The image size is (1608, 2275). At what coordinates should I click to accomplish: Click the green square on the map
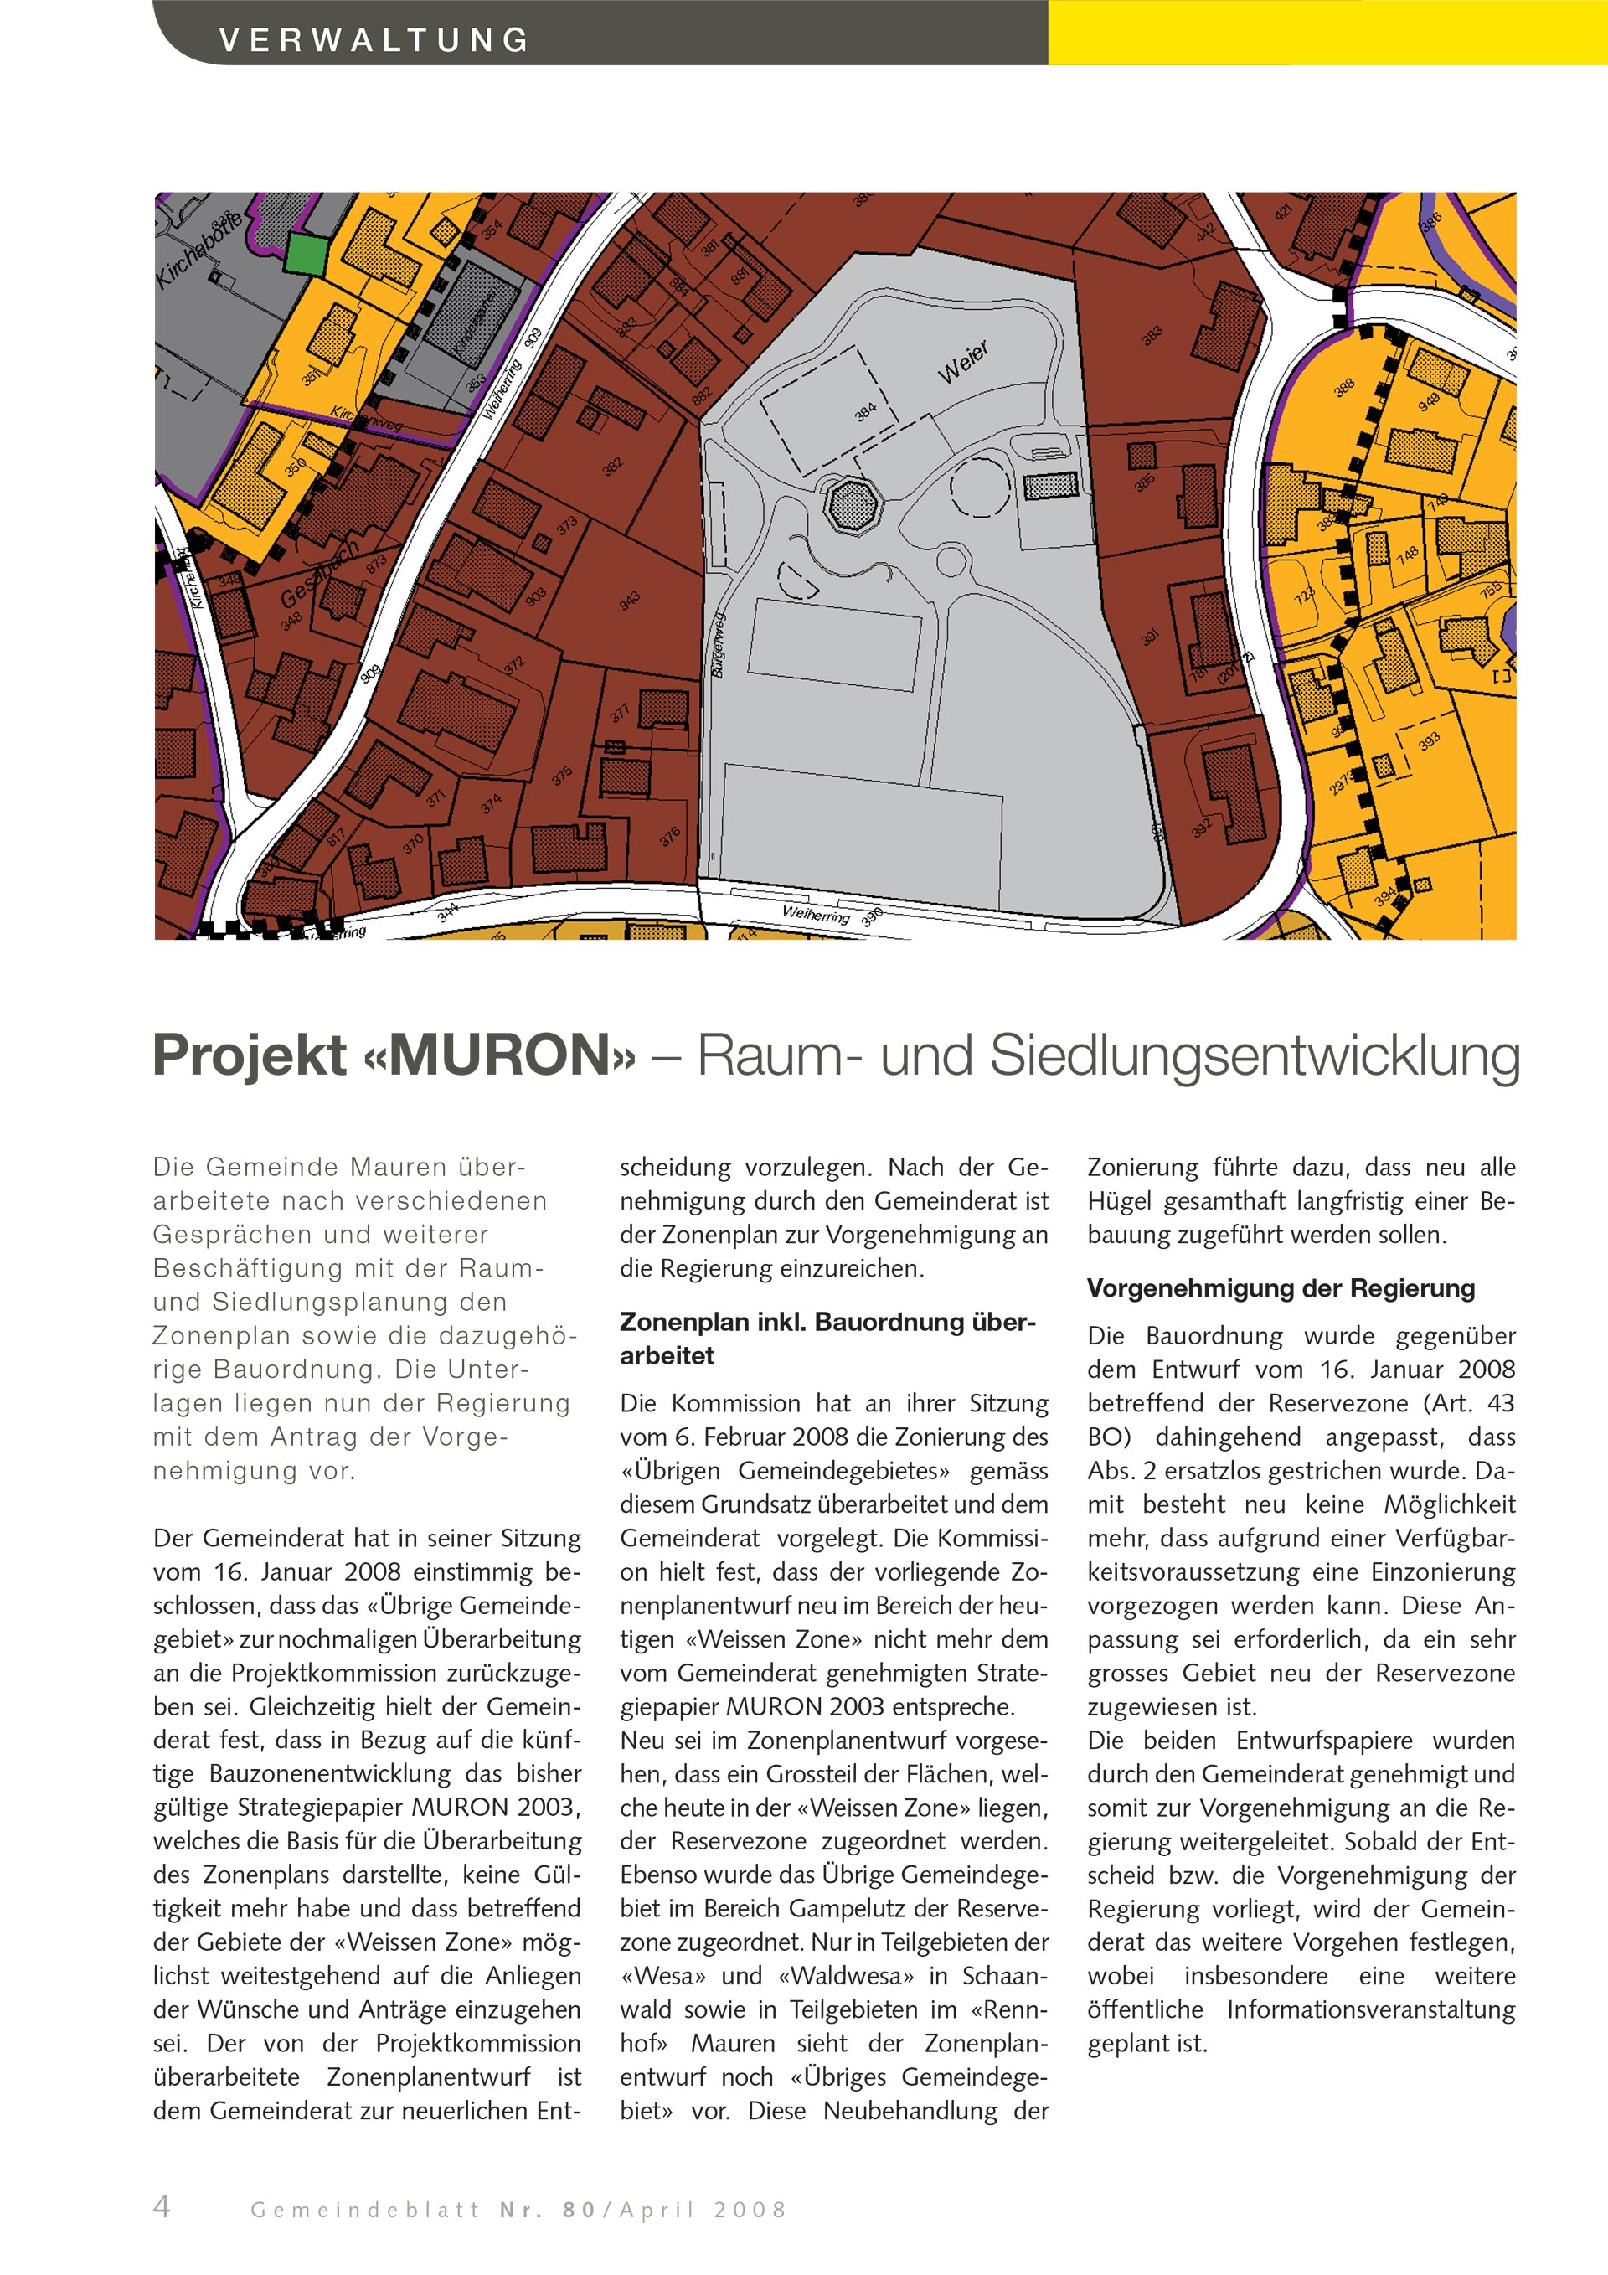tap(305, 254)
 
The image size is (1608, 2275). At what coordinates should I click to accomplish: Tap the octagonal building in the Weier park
tap(851, 506)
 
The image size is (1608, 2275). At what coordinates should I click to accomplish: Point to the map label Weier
tap(963, 364)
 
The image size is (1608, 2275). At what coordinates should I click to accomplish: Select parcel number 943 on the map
tap(629, 601)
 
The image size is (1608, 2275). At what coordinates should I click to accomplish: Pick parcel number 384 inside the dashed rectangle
tap(865, 411)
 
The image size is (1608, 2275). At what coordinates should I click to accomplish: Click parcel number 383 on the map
tap(1152, 336)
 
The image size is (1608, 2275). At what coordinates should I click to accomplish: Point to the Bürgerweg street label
tap(719, 645)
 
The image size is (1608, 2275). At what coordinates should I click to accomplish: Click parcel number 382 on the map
tap(613, 466)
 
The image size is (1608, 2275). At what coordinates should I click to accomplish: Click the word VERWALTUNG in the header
tap(374, 40)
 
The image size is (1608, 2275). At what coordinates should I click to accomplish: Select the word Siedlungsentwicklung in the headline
tap(1255, 1055)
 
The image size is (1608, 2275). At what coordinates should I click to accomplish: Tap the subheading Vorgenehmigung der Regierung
tap(1280, 1288)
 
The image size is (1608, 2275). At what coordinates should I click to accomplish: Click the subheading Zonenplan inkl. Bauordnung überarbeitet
tap(827, 1338)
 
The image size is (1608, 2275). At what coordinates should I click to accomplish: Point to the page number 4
tap(162, 2206)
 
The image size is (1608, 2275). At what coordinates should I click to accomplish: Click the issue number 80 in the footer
tap(580, 2210)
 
